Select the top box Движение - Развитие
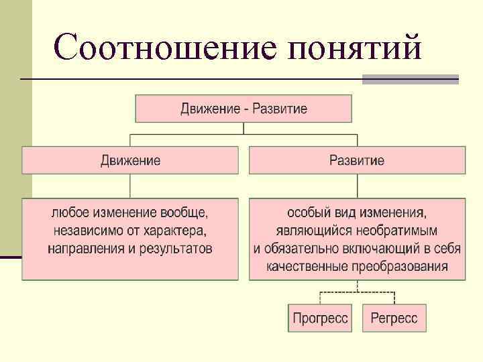(x=244, y=109)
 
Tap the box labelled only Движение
(x=130, y=161)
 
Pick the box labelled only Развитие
(x=357, y=161)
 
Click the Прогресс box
(x=321, y=318)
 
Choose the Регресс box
(x=394, y=318)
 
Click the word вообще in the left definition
(x=184, y=214)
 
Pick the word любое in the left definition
(x=69, y=214)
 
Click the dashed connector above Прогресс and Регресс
(x=357, y=292)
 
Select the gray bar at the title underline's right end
(x=410, y=79)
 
